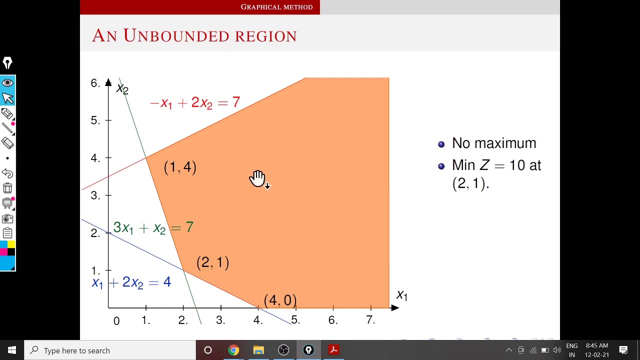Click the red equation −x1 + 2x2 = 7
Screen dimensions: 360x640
194,103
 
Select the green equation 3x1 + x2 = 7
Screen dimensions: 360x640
153,228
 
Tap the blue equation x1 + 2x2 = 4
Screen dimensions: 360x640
131,283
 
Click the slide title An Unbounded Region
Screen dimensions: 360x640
194,36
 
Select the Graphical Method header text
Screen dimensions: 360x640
276,7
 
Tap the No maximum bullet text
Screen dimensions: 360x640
493,143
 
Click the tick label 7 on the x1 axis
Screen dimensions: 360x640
370,320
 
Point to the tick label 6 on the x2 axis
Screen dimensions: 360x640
95,83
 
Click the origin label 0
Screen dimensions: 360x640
116,321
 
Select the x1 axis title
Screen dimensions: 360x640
401,295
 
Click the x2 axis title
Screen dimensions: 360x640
122,89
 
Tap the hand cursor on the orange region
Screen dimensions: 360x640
257,178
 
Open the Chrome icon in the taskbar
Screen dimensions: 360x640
233,350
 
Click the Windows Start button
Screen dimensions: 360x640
12,350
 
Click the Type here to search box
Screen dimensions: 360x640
110,350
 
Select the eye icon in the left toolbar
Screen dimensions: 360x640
7,83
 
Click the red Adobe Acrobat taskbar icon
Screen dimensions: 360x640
333,350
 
